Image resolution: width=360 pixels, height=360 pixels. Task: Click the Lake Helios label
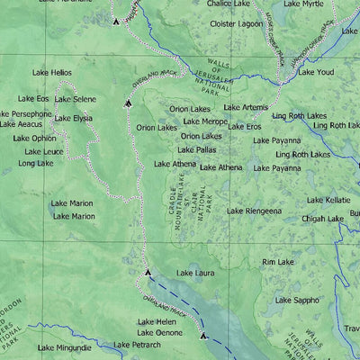(49, 71)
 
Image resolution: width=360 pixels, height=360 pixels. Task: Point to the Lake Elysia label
(74, 118)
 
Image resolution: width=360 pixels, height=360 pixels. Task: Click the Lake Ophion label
(34, 139)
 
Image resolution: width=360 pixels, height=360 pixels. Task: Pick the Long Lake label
(35, 164)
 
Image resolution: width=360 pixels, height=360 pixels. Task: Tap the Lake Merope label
(205, 121)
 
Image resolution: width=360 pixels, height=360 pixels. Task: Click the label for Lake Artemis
(246, 108)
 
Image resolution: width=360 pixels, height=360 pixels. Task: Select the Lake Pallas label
(197, 149)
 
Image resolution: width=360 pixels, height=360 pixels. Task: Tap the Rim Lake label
(277, 262)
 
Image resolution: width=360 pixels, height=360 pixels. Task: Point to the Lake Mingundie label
(65, 347)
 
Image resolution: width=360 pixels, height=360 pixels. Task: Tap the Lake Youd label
(316, 72)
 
